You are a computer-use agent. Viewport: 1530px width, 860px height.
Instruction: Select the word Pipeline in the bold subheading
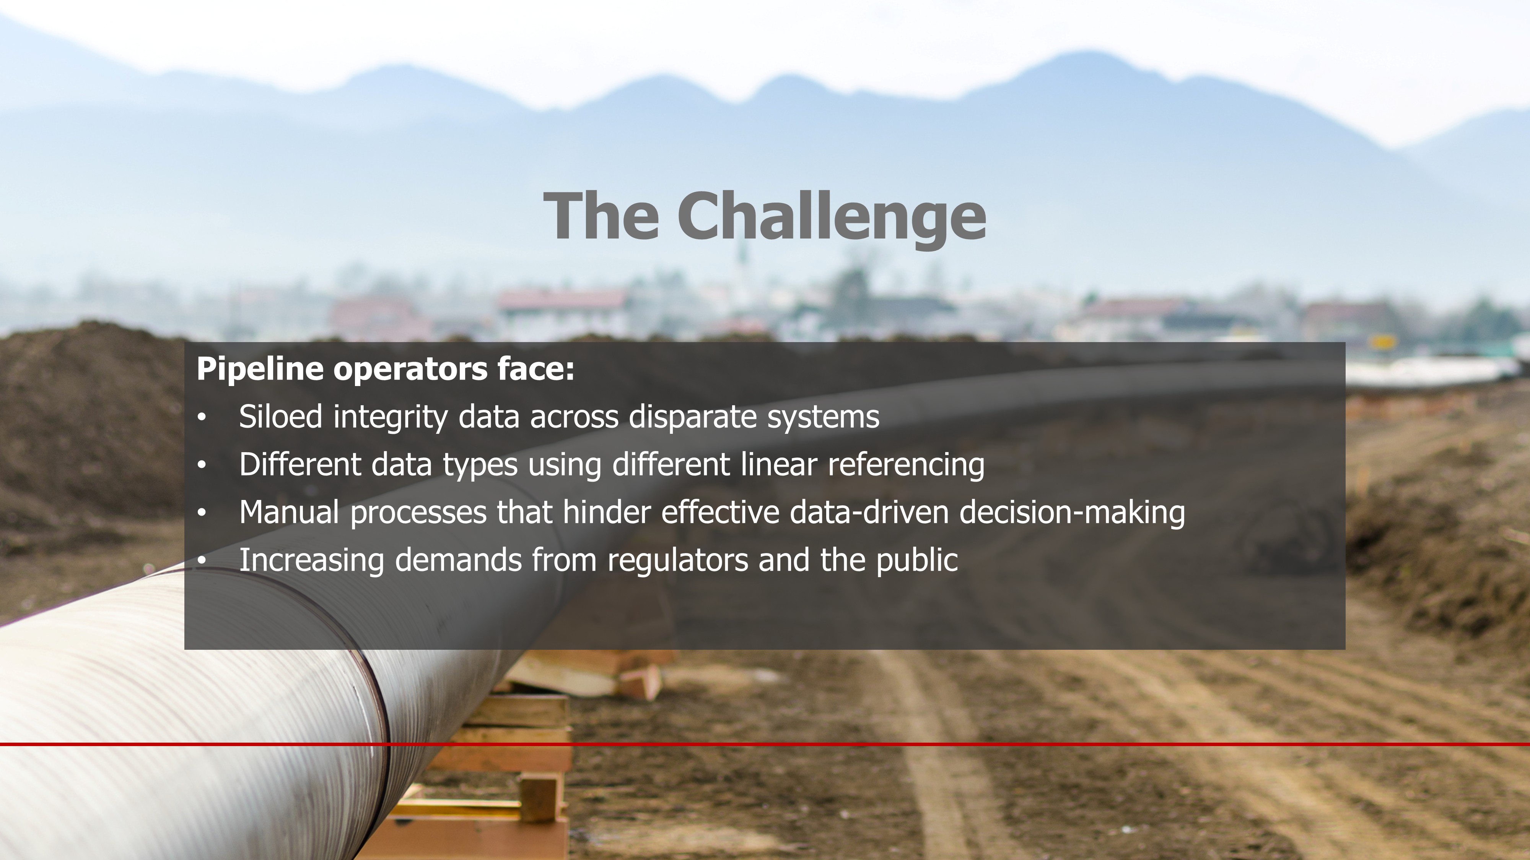pyautogui.click(x=260, y=370)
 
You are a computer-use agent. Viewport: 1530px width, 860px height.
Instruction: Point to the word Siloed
pyautogui.click(x=281, y=416)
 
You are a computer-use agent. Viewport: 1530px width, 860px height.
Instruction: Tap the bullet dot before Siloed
pyautogui.click(x=202, y=418)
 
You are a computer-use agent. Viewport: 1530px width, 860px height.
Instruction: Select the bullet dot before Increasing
pyautogui.click(x=202, y=561)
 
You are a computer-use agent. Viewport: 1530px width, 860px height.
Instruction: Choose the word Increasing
pyautogui.click(x=312, y=561)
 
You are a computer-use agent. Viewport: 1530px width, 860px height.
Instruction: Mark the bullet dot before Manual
pyautogui.click(x=202, y=513)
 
